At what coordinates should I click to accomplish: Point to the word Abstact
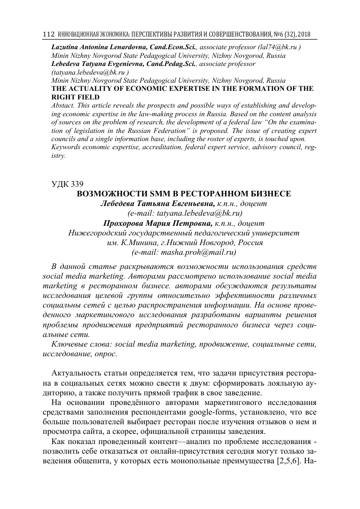coord(64,105)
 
